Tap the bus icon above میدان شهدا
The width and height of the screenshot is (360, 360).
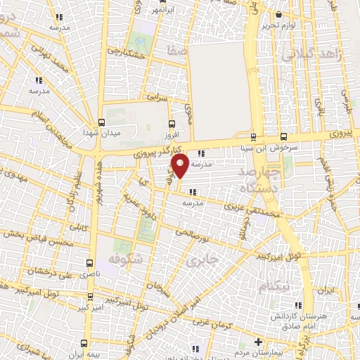coord(103,121)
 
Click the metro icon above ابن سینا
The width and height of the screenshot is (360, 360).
coord(253,136)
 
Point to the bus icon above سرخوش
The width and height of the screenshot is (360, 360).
coord(283,136)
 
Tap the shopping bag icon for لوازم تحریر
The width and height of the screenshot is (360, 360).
coord(280,14)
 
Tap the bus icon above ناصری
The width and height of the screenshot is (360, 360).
coord(89,259)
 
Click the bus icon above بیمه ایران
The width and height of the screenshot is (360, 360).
coord(85,343)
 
